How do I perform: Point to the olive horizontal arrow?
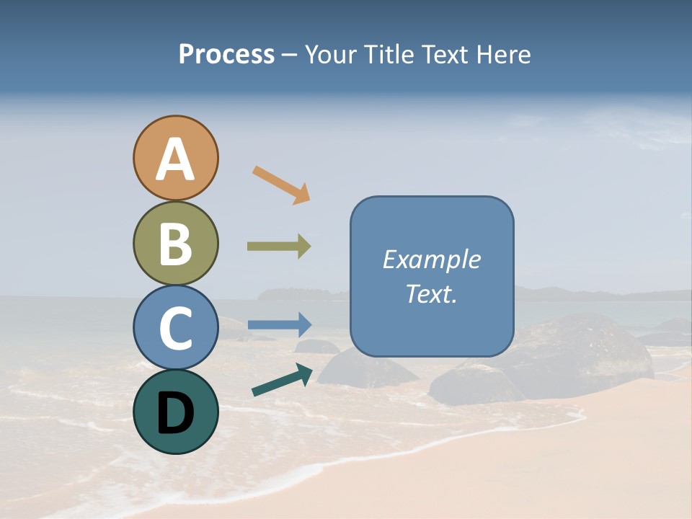pos(278,247)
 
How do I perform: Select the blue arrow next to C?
pos(278,325)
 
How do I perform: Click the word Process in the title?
pos(226,54)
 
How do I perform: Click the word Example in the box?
pos(432,259)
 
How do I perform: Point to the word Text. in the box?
pos(432,293)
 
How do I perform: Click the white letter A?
pos(175,160)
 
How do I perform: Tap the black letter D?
pos(175,414)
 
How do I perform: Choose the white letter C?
pos(175,329)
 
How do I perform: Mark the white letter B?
pos(175,244)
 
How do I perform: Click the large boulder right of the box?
pos(584,353)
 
